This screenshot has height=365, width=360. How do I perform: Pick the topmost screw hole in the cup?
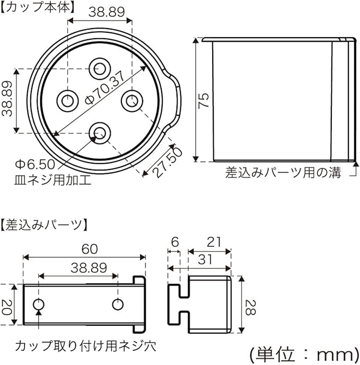[99, 68]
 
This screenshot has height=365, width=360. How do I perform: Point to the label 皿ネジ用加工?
[52, 180]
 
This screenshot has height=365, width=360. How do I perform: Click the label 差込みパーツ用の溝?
[283, 173]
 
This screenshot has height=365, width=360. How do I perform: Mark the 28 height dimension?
[249, 306]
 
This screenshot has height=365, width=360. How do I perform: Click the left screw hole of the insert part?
[39, 305]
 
